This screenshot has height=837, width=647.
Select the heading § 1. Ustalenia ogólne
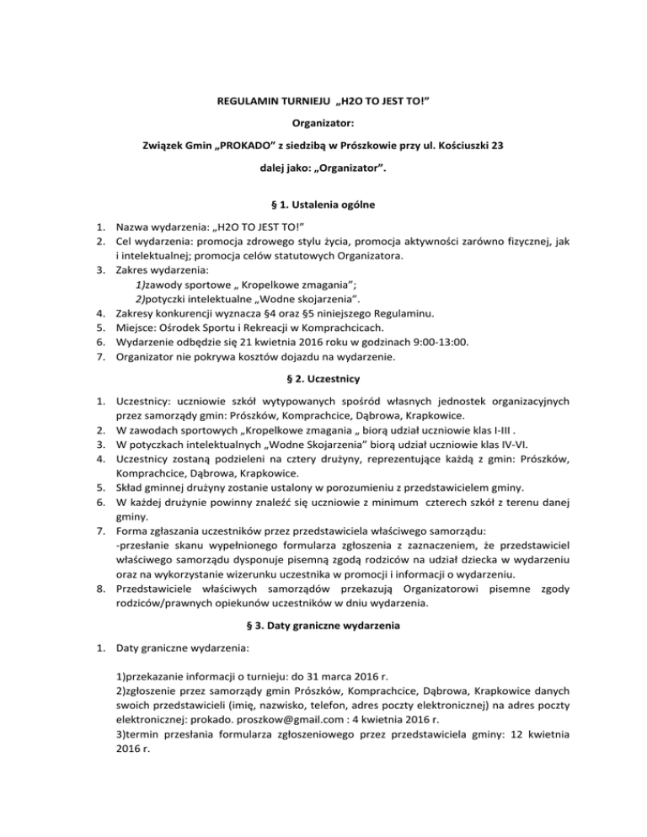323,204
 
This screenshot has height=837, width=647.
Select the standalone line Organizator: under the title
323,123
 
